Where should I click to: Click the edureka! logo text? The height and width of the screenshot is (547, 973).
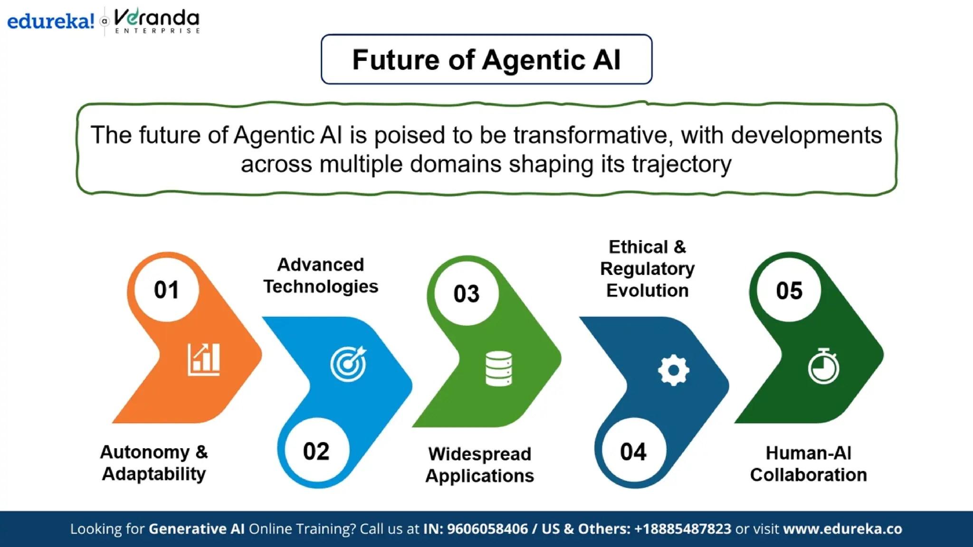pos(50,21)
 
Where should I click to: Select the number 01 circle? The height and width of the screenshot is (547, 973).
pos(166,290)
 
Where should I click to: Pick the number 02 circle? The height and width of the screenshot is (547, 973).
pos(316,451)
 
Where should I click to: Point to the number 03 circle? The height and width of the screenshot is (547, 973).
pos(467,293)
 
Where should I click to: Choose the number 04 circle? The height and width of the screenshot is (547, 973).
pos(633,452)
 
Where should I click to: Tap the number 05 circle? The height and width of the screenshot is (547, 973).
pos(789,290)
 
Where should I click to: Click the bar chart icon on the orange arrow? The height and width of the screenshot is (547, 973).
pos(204,359)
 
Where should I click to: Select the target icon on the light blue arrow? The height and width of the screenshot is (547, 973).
pos(349,364)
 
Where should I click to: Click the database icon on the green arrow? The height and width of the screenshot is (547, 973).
pos(499,368)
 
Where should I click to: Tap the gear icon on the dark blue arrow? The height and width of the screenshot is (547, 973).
pos(673,370)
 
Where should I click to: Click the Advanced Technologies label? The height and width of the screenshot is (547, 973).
pos(321,275)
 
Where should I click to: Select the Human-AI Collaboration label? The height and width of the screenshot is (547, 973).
pos(808,464)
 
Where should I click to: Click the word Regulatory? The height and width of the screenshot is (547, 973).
pos(647,269)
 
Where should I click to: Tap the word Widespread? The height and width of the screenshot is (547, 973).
pos(479,454)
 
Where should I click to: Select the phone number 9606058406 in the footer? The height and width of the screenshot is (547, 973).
pos(487,528)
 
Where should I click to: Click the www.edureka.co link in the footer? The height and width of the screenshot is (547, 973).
pos(842,528)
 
